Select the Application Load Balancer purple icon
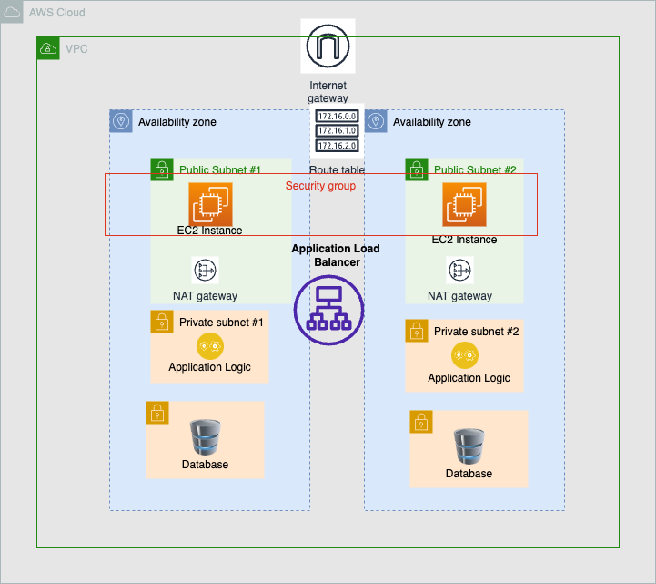pos(328,309)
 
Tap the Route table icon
pos(337,132)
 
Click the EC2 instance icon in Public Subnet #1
pos(210,204)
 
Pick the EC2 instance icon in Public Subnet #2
pos(465,205)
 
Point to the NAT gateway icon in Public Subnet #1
pos(206,271)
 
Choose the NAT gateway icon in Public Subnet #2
pos(460,271)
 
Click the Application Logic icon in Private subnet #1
pos(209,346)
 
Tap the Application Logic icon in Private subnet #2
pos(465,356)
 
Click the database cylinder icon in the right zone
pos(469,446)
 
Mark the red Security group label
pos(320,186)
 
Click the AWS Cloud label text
pos(57,13)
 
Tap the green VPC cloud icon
pos(48,48)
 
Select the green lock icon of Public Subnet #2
pos(417,169)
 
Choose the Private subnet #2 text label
pos(476,331)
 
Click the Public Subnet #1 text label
pos(220,170)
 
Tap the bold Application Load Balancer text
pos(336,255)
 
